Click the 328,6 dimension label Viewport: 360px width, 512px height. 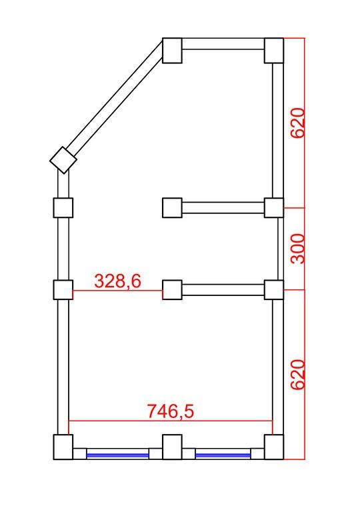click(117, 281)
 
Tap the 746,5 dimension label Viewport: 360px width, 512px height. click(171, 411)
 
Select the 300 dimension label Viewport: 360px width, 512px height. click(297, 249)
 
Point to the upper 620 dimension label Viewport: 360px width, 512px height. click(297, 123)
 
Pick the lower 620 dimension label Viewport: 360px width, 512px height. click(297, 375)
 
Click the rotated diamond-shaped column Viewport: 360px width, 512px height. click(63, 160)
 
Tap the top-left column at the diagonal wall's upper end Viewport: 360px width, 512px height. click(172, 51)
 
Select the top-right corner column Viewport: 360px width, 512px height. click(274, 51)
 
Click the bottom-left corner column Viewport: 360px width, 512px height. click(63, 447)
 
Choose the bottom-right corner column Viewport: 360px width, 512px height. click(274, 447)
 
